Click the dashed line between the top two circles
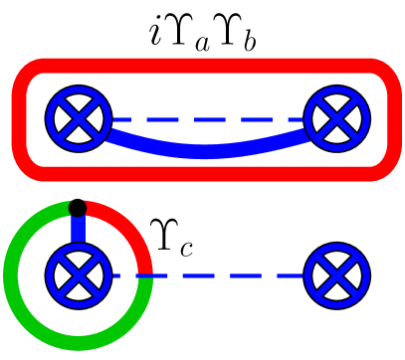tap(205, 120)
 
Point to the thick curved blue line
tap(205, 151)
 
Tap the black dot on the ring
tap(76, 208)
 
